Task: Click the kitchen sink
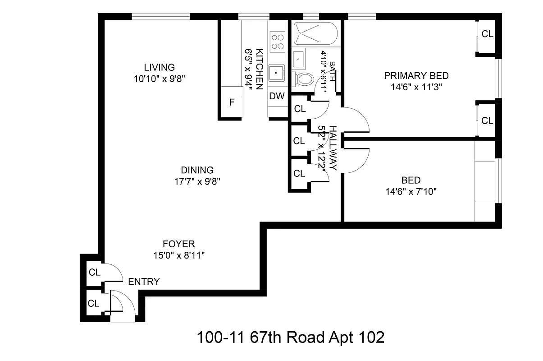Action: (276, 73)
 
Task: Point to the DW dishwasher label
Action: (277, 96)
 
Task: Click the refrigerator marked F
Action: (232, 102)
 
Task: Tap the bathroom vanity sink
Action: (299, 58)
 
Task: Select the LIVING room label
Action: (159, 68)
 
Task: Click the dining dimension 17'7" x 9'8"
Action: (197, 182)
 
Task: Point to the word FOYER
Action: (179, 244)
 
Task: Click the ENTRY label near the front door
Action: (144, 282)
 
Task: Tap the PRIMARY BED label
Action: (416, 76)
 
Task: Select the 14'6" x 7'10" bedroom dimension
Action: (411, 192)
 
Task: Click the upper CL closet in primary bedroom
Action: (487, 34)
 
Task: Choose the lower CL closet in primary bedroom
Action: (487, 121)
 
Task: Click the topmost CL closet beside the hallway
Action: (300, 109)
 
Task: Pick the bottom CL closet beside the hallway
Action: (299, 174)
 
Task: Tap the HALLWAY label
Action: (333, 148)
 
